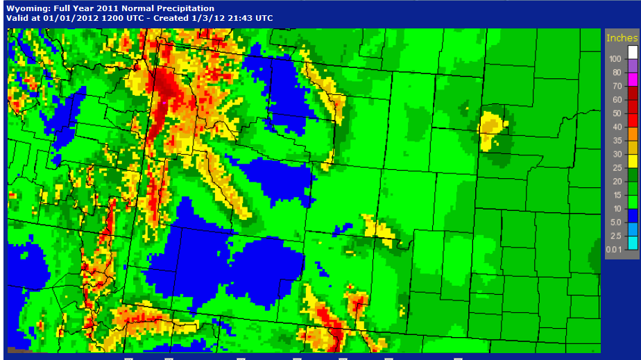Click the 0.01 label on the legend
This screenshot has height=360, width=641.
pos(613,249)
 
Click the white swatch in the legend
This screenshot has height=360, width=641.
pos(633,52)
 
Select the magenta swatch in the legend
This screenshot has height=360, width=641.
pos(633,79)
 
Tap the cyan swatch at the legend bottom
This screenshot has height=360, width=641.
pos(633,242)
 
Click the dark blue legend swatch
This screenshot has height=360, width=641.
pos(633,215)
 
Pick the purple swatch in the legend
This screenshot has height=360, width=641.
pos(633,66)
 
